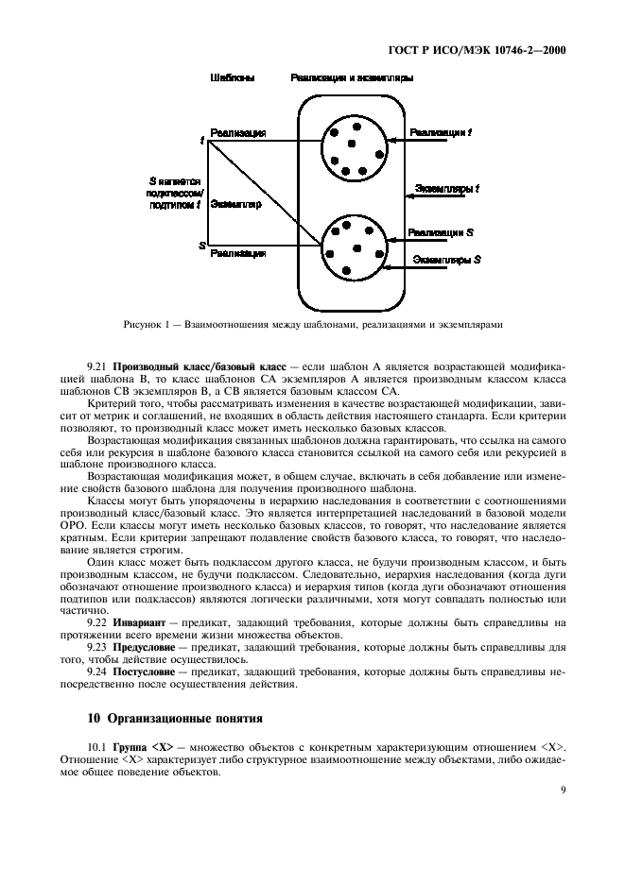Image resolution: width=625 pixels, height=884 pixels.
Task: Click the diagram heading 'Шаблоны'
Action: click(232, 79)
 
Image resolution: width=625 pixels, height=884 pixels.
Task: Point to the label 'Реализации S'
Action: click(441, 231)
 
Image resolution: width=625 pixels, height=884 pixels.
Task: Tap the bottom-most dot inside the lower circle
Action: click(347, 271)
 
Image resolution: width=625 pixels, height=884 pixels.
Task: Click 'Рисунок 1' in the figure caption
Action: click(146, 325)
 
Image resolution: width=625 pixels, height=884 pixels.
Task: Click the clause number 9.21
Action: click(97, 365)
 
